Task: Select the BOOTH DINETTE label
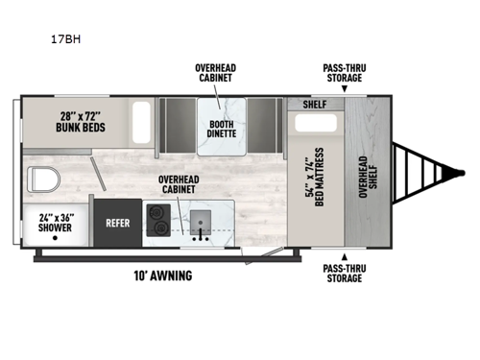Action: point(219,129)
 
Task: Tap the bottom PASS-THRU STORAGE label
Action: point(343,273)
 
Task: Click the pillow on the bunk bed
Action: point(141,122)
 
